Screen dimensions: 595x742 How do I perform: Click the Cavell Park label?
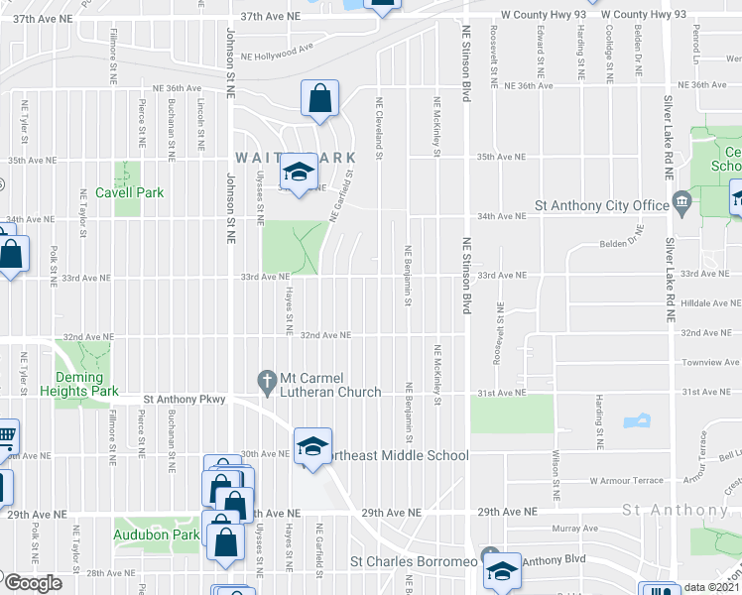[x=129, y=192]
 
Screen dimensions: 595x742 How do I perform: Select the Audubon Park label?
[x=156, y=535]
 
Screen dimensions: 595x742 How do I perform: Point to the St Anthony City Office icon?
[x=681, y=205]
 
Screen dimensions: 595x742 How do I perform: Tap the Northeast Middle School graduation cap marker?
[x=312, y=448]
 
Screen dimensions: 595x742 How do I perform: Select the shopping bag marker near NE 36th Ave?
[x=320, y=99]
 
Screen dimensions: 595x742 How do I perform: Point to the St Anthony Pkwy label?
[x=185, y=399]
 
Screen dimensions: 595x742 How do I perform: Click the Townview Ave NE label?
[x=708, y=363]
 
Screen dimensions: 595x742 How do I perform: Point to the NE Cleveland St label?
[x=378, y=123]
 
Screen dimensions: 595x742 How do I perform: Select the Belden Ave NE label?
[x=623, y=244]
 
